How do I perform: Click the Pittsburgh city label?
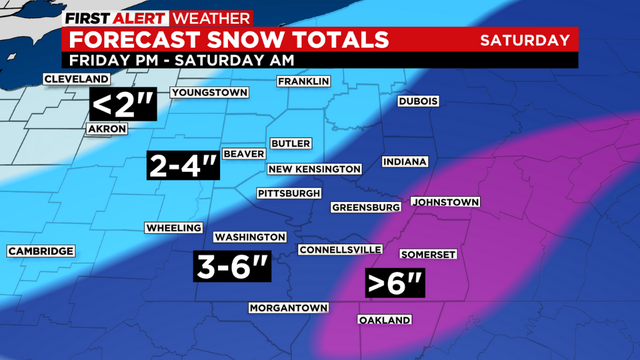pyautogui.click(x=289, y=192)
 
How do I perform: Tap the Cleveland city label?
pyautogui.click(x=76, y=78)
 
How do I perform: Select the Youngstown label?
pyautogui.click(x=209, y=93)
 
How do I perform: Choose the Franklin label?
pyautogui.click(x=303, y=81)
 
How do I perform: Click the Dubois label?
pyautogui.click(x=418, y=101)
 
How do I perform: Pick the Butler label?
pyautogui.click(x=292, y=143)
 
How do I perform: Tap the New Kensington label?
pyautogui.click(x=313, y=169)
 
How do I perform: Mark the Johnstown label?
pyautogui.click(x=446, y=202)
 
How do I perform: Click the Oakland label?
pyautogui.click(x=384, y=320)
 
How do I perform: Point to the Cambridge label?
pyautogui.click(x=40, y=250)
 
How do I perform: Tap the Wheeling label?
pyautogui.click(x=174, y=228)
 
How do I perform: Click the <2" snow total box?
pyautogui.click(x=123, y=104)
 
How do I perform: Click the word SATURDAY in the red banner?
pyautogui.click(x=525, y=40)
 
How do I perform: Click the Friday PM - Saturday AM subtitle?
pyautogui.click(x=166, y=60)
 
